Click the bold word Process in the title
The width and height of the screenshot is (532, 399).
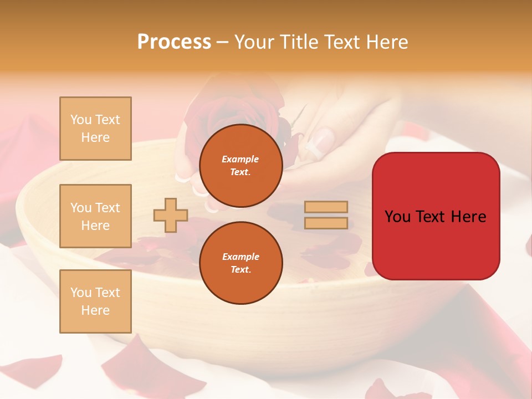point(174,42)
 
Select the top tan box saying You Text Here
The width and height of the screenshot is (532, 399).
point(95,129)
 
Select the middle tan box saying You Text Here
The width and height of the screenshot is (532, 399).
point(95,216)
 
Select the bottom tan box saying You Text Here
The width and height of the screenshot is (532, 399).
point(95,301)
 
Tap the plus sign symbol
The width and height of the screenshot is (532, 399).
point(171,215)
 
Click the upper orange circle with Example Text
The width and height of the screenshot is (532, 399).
point(241,166)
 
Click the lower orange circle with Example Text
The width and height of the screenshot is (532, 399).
point(241,263)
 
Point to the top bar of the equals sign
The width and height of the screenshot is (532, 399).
point(326,207)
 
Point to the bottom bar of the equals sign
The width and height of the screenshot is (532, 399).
point(326,223)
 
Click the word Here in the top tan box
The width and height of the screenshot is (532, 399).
point(95,137)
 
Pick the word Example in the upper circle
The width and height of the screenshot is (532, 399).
point(241,159)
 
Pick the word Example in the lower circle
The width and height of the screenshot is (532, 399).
point(241,257)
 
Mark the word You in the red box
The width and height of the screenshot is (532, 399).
point(397,217)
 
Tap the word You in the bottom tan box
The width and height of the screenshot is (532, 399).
point(81,292)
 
